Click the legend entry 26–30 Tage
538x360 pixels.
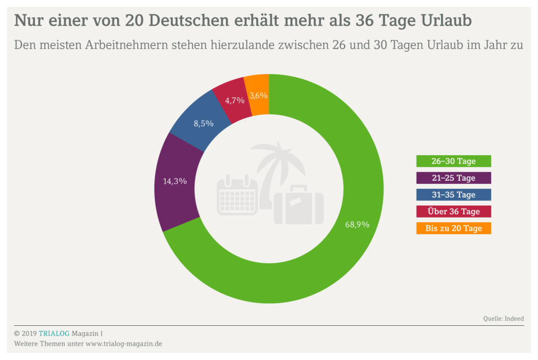[453, 161]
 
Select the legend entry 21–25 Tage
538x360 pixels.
[453, 178]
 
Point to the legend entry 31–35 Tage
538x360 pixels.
[453, 194]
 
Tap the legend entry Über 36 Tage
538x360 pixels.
[453, 211]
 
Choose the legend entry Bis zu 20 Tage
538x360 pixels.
[453, 228]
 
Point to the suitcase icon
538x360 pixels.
[298, 205]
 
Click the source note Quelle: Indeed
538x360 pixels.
[503, 318]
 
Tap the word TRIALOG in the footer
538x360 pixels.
[54, 333]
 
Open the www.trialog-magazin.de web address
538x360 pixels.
[123, 344]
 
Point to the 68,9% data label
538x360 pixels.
[357, 224]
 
